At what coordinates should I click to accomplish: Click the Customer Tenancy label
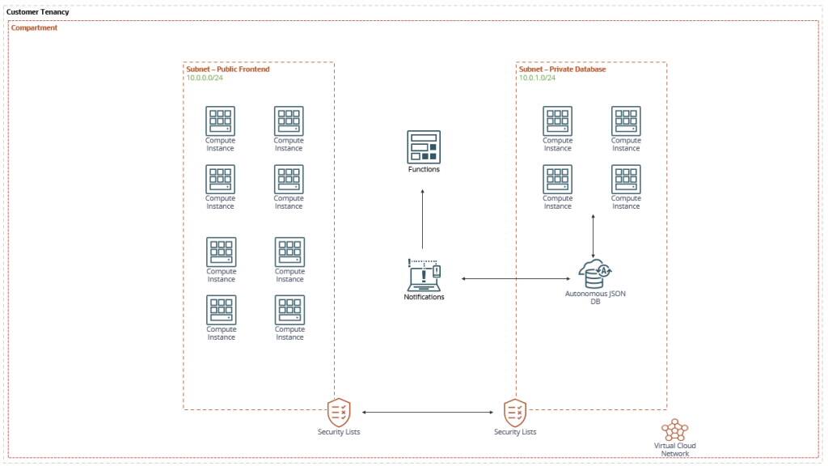[x=38, y=12]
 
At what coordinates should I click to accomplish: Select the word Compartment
[x=34, y=28]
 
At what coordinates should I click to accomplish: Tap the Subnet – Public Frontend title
[x=228, y=70]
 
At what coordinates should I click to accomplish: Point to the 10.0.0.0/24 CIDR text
[x=205, y=78]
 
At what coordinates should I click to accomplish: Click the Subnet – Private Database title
[x=562, y=70]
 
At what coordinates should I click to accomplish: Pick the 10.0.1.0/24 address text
[x=538, y=78]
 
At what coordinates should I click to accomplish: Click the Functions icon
[x=424, y=146]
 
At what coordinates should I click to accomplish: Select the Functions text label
[x=424, y=170]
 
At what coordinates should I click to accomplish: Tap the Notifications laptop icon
[x=424, y=275]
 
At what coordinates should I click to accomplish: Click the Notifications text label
[x=424, y=298]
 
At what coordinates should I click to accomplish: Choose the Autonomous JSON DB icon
[x=595, y=274]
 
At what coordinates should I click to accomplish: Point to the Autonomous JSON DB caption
[x=595, y=298]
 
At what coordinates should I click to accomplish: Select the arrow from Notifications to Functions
[x=423, y=218]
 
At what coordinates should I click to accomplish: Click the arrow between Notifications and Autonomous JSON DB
[x=514, y=279]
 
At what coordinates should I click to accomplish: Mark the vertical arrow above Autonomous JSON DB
[x=594, y=235]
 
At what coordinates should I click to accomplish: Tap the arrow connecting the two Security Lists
[x=426, y=413]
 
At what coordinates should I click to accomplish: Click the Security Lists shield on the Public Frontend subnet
[x=339, y=412]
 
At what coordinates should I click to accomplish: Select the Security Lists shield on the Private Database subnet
[x=515, y=412]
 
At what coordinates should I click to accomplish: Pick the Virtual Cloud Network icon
[x=674, y=430]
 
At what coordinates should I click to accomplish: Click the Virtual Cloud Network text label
[x=674, y=450]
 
